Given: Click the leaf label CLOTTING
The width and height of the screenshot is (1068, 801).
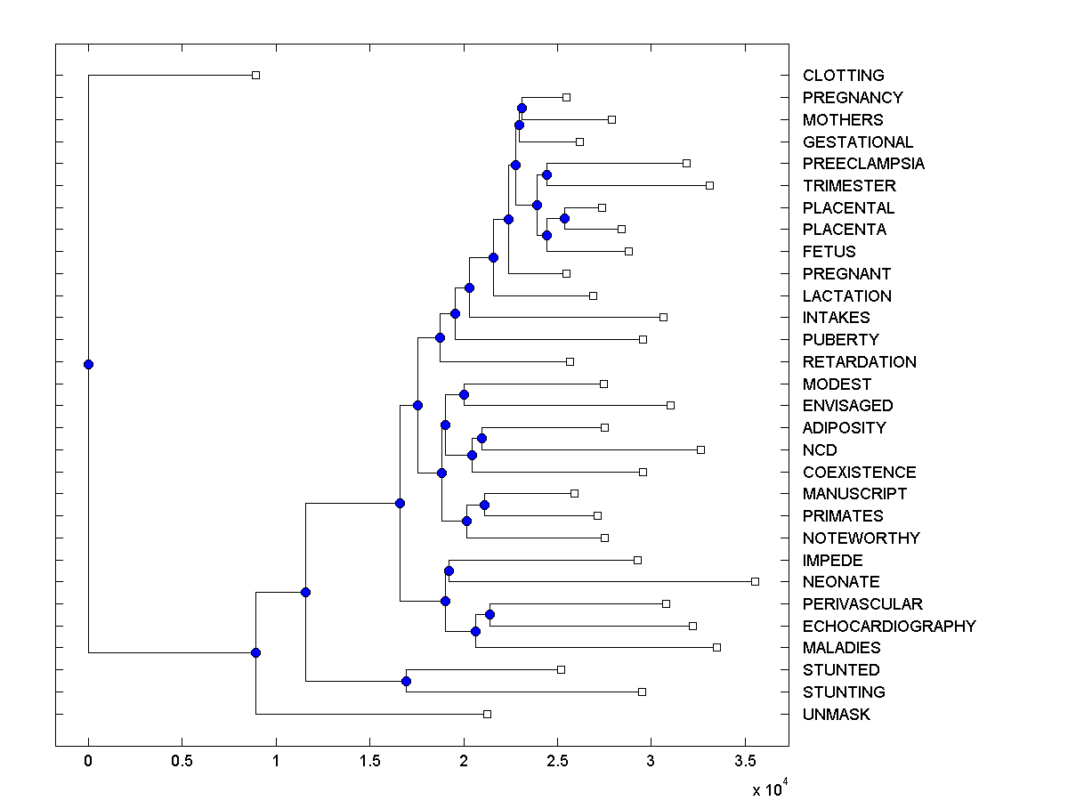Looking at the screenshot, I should (x=843, y=76).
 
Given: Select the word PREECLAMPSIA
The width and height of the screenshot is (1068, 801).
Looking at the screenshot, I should (x=863, y=164).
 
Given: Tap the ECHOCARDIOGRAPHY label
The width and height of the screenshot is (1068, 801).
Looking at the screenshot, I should (x=888, y=626).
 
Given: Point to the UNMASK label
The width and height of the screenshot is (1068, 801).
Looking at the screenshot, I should (x=836, y=714).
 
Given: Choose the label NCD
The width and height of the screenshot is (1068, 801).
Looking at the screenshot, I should (x=820, y=450).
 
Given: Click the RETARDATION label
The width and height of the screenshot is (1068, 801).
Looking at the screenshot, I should (x=859, y=361).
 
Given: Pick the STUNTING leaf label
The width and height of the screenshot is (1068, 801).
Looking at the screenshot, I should (x=843, y=692).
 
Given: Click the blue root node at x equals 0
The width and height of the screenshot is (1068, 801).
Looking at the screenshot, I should (x=88, y=364).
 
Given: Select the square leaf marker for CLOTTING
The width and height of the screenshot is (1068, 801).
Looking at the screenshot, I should (x=255, y=75).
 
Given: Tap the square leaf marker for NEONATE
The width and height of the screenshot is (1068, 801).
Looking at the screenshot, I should (x=755, y=581).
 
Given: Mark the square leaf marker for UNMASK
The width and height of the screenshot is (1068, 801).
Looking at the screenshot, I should (x=487, y=714).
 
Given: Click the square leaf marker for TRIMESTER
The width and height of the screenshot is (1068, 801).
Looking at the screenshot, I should (x=709, y=185).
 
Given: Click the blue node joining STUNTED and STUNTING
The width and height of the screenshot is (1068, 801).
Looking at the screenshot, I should (x=406, y=681).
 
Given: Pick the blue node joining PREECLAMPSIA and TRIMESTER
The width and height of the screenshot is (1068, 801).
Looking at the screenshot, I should (x=546, y=174).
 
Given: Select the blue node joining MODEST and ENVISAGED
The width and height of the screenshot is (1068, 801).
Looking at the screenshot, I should (x=463, y=394).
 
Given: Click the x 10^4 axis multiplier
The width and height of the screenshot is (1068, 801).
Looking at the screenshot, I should (x=769, y=789).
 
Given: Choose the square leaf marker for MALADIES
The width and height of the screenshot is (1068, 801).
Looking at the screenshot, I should (x=716, y=647).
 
